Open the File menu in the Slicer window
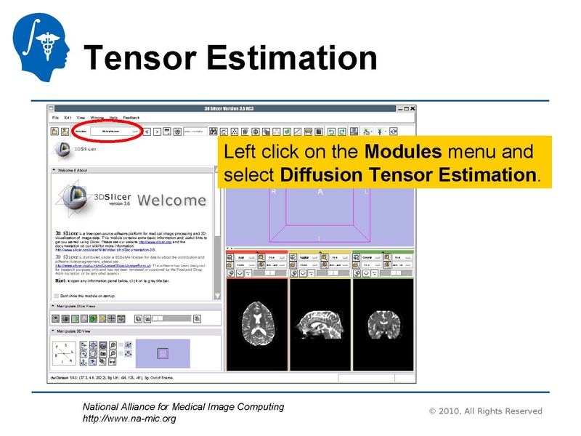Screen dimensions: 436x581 [55, 117]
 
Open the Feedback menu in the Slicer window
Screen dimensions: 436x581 [131, 117]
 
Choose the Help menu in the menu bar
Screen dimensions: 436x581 [113, 117]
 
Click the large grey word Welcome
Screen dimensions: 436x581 [172, 200]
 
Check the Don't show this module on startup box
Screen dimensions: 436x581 [57, 296]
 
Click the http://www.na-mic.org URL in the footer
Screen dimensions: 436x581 [129, 419]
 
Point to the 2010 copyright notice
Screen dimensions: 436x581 [485, 411]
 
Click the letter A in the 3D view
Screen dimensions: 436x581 [320, 192]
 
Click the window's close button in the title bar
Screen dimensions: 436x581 [415, 109]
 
